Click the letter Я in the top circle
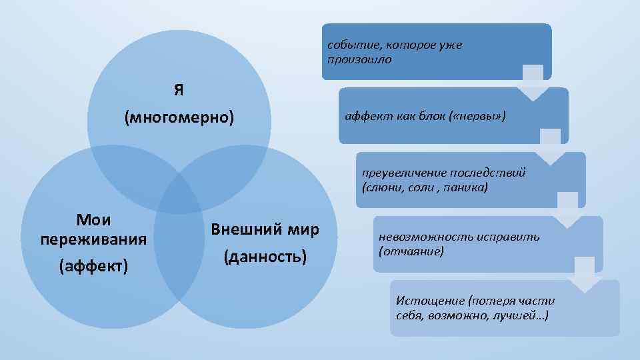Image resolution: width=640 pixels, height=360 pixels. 179,89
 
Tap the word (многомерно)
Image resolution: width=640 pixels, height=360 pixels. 179,118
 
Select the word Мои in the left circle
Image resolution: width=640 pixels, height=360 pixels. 94,220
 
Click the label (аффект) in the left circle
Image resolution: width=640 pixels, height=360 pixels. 94,267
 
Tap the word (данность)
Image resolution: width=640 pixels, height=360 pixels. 265,256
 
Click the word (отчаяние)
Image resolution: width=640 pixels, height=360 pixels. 411,251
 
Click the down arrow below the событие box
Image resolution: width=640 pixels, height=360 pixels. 533,84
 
